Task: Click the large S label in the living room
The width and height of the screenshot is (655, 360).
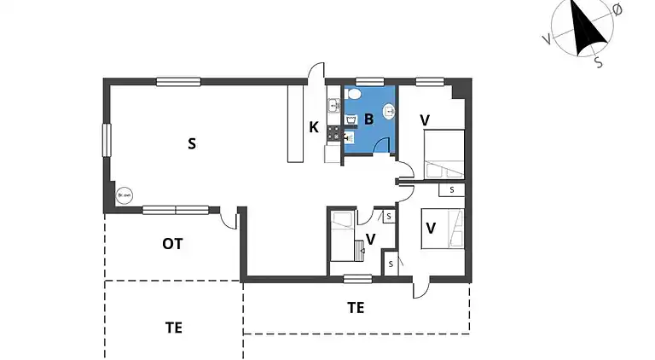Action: click(x=192, y=143)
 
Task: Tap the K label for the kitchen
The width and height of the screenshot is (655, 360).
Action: click(x=314, y=128)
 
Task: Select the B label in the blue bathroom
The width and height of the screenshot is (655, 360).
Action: click(x=368, y=119)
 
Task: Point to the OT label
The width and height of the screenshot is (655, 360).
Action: click(x=173, y=244)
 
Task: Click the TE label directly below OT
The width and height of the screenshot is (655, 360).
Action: click(x=173, y=326)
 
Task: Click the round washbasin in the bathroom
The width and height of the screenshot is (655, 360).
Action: click(x=389, y=110)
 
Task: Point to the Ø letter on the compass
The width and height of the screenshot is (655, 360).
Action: click(x=617, y=9)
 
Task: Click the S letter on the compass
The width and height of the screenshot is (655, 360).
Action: click(x=598, y=61)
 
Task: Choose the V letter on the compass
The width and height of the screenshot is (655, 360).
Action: click(x=546, y=39)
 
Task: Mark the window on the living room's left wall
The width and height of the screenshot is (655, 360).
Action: click(x=107, y=140)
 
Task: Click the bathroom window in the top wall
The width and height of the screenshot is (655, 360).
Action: click(x=369, y=82)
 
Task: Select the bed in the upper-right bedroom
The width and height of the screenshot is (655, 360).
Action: click(x=443, y=148)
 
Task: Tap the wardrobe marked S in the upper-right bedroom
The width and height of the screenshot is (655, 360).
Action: click(x=451, y=190)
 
